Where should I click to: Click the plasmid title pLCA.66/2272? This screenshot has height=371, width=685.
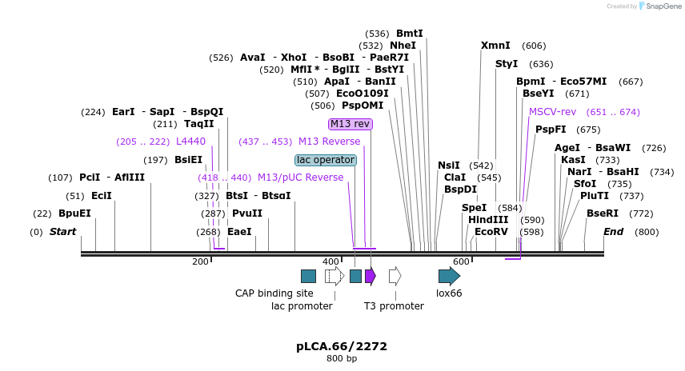point(342,346)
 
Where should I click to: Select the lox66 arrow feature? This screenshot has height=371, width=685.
point(449,276)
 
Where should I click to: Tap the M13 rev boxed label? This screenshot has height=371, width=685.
point(350,124)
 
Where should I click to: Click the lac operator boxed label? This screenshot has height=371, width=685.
point(326,160)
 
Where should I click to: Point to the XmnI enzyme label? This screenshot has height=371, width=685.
point(495,46)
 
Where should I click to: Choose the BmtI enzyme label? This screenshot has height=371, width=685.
point(409,34)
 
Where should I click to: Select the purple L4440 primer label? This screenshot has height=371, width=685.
point(190,142)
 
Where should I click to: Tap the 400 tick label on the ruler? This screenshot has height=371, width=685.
point(330,261)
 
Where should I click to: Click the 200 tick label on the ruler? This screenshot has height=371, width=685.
point(200,261)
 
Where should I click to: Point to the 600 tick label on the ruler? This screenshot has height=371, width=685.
point(461,261)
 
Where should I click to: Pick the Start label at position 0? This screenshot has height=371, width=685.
point(63,232)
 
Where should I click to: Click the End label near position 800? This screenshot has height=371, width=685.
point(613,232)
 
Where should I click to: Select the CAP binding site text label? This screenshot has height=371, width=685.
point(274,293)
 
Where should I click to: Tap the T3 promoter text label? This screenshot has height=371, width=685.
point(394,306)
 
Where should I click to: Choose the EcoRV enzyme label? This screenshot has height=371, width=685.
point(491,232)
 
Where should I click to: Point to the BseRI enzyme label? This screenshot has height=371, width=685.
point(603,213)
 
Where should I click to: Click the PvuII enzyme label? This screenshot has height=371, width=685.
point(246,213)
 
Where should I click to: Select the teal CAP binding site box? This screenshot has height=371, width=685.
point(308,276)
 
